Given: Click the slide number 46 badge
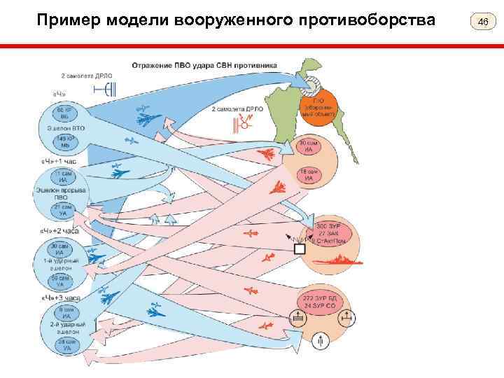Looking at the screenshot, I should pos(482,22).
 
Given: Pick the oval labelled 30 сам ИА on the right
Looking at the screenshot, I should pos(307,146).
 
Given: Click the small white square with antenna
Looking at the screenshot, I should pos(300,249).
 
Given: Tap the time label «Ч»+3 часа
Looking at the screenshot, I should pos(60,297).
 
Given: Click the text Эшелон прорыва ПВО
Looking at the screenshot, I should pos(62,193).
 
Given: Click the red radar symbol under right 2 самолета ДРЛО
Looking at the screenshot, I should pos(246,125).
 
